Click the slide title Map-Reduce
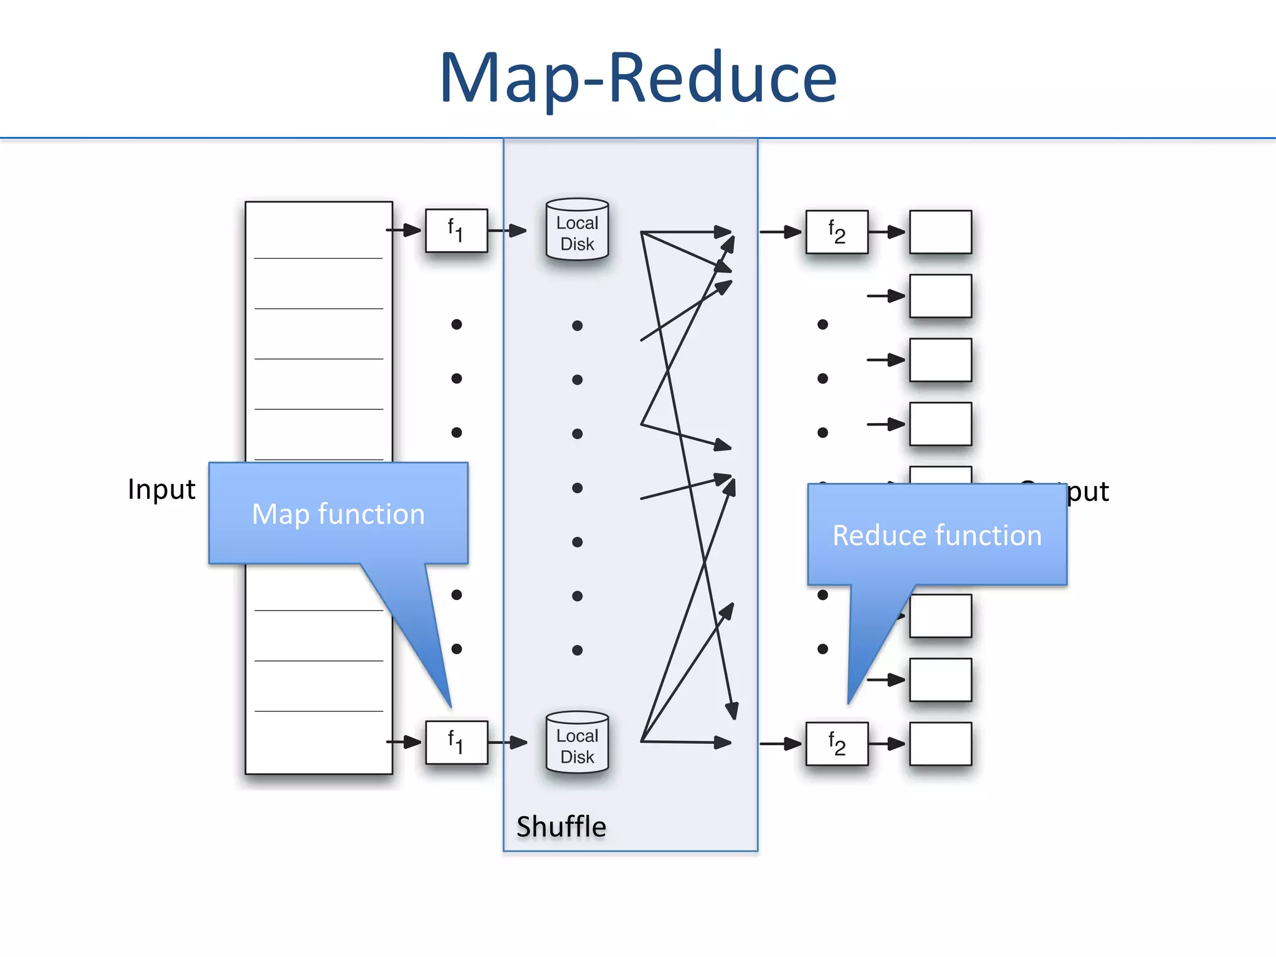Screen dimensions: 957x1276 pos(638,78)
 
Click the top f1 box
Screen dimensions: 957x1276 pos(456,231)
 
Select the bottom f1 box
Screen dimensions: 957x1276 pos(456,743)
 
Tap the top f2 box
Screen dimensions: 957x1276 pos(836,232)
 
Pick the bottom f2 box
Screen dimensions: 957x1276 pos(836,744)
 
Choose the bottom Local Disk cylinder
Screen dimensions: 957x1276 pos(577,743)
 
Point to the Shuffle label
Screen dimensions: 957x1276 pos(561,827)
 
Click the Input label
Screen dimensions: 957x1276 pos(161,489)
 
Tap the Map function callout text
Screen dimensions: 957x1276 pos(338,515)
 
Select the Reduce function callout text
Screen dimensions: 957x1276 pos(937,536)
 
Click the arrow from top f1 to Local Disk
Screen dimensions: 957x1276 pos(507,231)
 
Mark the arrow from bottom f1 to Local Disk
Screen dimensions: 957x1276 pos(507,743)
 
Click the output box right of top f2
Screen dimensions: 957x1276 pos(940,232)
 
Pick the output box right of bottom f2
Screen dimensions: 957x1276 pos(940,744)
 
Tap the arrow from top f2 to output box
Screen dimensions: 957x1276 pos(887,232)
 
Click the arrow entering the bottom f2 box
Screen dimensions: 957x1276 pos(781,744)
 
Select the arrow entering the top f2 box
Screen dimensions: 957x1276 pos(781,232)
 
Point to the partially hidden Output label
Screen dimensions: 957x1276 pos(1087,492)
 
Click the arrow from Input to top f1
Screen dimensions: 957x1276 pos(404,231)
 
